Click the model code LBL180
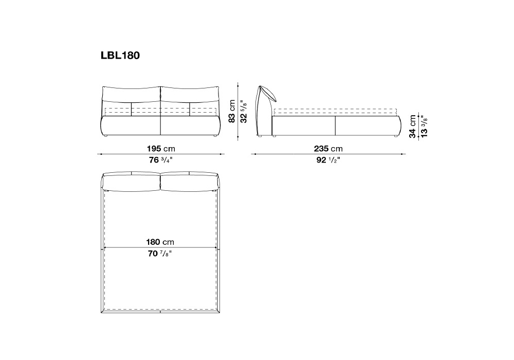pos(120,56)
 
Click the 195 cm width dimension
pos(161,149)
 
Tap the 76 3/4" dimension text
pos(160,160)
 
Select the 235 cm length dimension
pos(328,149)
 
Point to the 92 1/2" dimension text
pos(328,160)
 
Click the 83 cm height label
pos(232,112)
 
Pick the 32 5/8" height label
pos(244,112)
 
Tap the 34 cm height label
pos(413,126)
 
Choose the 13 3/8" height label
pos(424,126)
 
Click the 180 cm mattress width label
pos(160,242)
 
